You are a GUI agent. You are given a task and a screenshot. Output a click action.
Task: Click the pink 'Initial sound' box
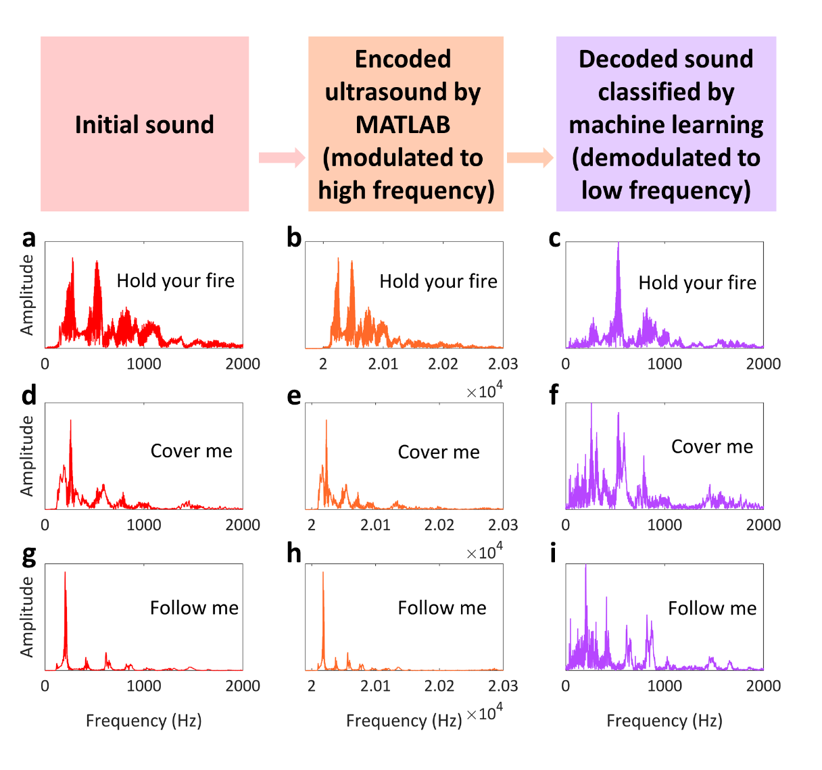point(145,124)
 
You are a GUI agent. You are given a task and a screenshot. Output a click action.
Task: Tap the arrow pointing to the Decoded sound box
point(530,158)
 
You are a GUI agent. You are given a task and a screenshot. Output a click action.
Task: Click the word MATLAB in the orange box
point(403,125)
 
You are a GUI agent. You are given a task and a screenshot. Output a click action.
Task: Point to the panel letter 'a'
point(28,238)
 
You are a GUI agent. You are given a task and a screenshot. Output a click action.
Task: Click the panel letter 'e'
point(293,396)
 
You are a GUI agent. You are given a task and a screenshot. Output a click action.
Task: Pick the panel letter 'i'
point(554,553)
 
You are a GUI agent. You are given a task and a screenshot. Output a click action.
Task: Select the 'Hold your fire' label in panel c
point(698,282)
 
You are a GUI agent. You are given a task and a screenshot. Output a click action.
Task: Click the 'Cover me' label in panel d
point(191,451)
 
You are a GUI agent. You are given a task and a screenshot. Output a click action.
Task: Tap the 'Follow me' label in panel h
point(442,608)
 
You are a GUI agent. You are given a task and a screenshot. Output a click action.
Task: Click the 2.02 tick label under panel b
point(443,364)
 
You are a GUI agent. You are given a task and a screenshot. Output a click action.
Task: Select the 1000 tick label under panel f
point(664,525)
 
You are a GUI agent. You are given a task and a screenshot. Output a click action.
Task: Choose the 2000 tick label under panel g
point(243,686)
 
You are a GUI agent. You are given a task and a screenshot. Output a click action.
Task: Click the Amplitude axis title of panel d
point(27,456)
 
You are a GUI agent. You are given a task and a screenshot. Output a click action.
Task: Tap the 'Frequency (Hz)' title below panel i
point(664,721)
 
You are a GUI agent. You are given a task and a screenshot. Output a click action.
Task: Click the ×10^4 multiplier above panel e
point(485,391)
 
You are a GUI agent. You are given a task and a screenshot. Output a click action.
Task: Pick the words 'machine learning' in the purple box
point(666,125)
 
